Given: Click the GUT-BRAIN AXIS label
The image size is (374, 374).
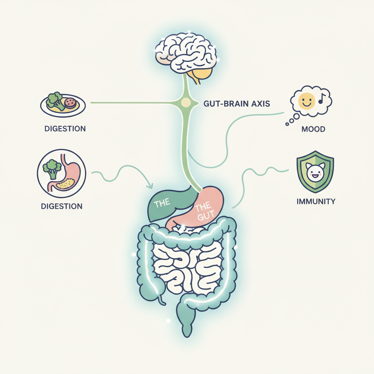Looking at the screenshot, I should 236,103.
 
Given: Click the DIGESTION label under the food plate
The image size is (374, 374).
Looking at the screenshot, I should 65,129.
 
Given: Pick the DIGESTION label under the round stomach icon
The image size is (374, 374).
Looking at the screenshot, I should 61,206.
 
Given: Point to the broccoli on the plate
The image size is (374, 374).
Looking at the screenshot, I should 54,99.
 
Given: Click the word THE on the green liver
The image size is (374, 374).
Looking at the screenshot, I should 162,203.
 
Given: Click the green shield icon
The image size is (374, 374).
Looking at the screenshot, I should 315,172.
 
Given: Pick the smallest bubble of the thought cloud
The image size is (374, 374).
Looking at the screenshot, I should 287,124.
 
